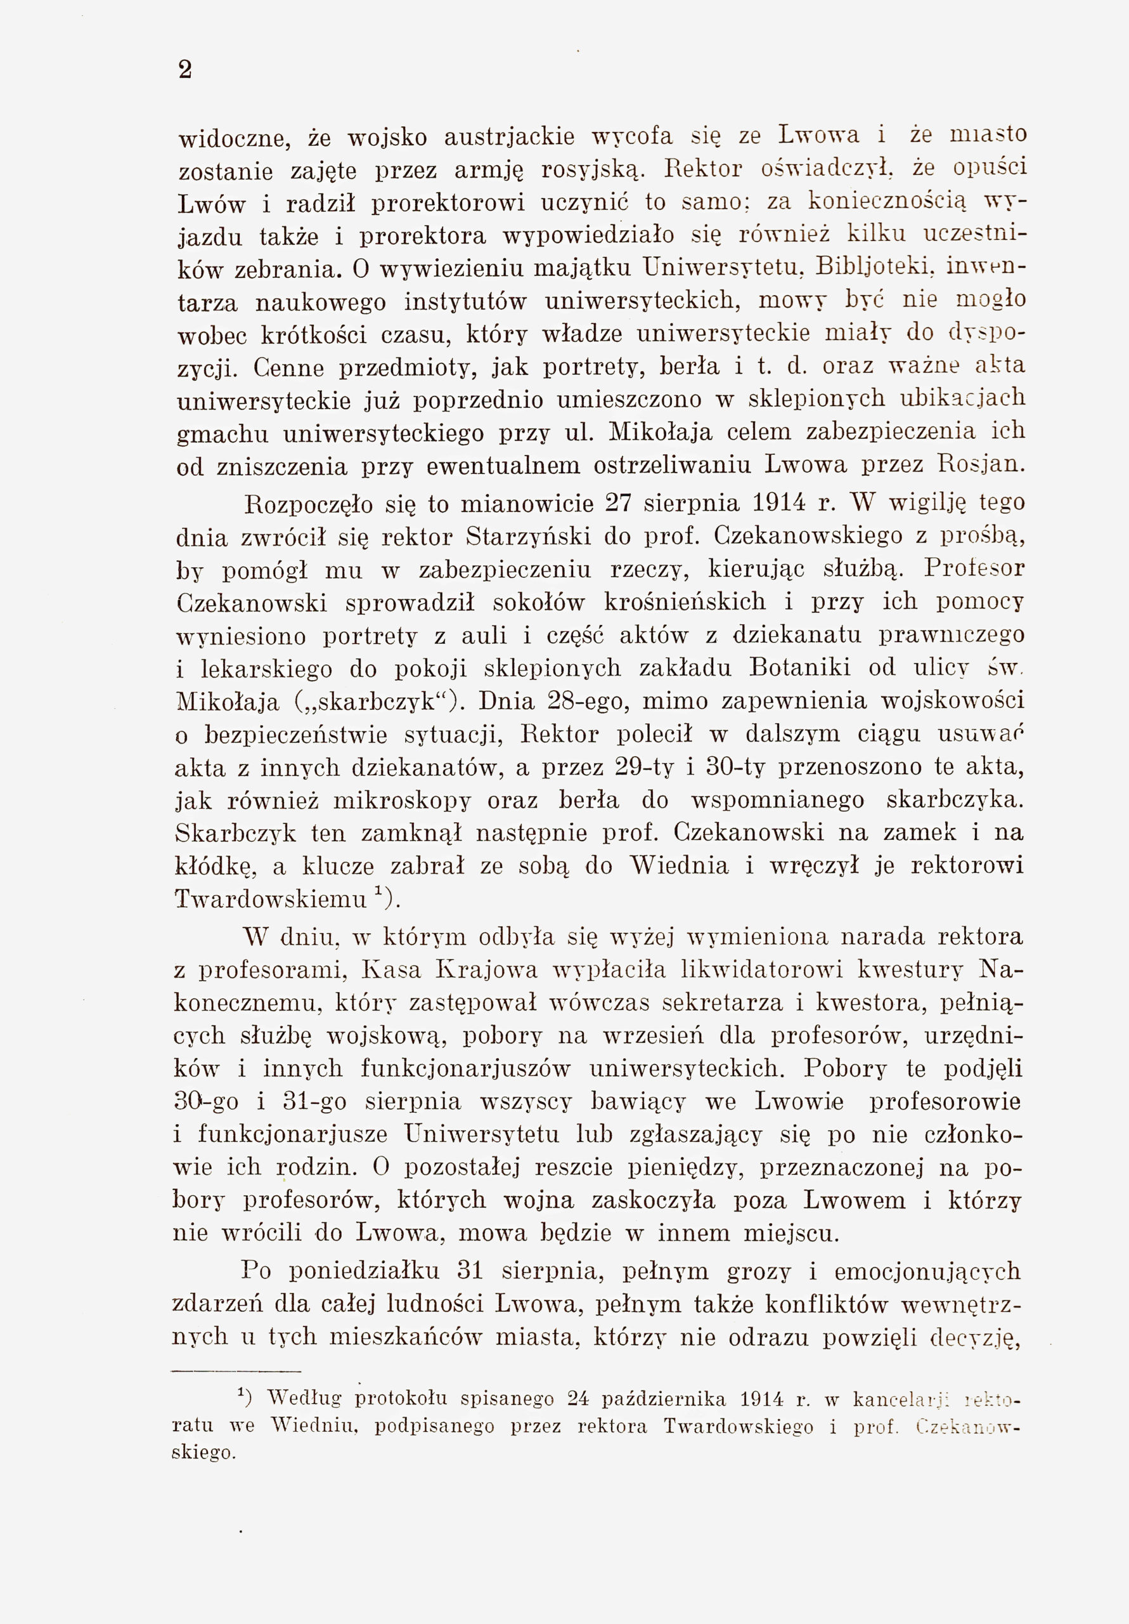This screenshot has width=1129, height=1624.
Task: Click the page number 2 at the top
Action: (x=185, y=70)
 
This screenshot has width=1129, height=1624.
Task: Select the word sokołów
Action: (x=539, y=602)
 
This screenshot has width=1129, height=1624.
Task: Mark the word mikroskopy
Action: (x=401, y=800)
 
